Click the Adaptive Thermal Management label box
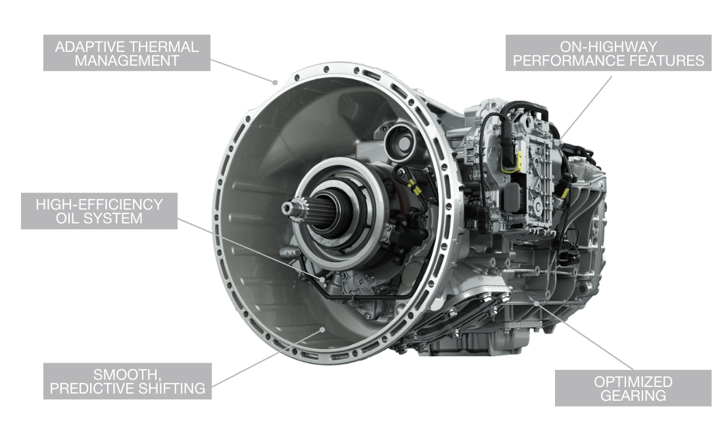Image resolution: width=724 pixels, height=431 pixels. pyautogui.click(x=127, y=53)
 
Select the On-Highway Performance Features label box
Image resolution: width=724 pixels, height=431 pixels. pyautogui.click(x=608, y=53)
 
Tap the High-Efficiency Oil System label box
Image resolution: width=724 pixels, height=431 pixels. pyautogui.click(x=99, y=211)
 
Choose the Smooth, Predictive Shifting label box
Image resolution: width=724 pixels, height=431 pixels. pyautogui.click(x=128, y=381)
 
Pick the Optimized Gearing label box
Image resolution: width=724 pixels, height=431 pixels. pyautogui.click(x=633, y=388)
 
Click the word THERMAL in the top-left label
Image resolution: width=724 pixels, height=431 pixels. pyautogui.click(x=162, y=47)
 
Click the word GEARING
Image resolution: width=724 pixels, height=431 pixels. pyautogui.click(x=633, y=396)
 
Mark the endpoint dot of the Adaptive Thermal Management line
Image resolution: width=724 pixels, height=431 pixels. pyautogui.click(x=275, y=83)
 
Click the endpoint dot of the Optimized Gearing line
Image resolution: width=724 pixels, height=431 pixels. pyautogui.click(x=537, y=303)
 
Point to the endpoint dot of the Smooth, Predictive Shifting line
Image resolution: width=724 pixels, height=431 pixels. pyautogui.click(x=323, y=329)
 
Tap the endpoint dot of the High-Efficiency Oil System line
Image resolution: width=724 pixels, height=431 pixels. pyautogui.click(x=322, y=279)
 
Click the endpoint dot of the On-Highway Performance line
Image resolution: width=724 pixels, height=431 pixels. pyautogui.click(x=559, y=143)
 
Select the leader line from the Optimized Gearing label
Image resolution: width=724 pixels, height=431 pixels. pyautogui.click(x=585, y=336)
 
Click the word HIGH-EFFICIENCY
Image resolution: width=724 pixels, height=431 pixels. pyautogui.click(x=99, y=204)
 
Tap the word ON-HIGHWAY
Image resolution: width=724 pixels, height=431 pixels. pyautogui.click(x=608, y=47)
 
